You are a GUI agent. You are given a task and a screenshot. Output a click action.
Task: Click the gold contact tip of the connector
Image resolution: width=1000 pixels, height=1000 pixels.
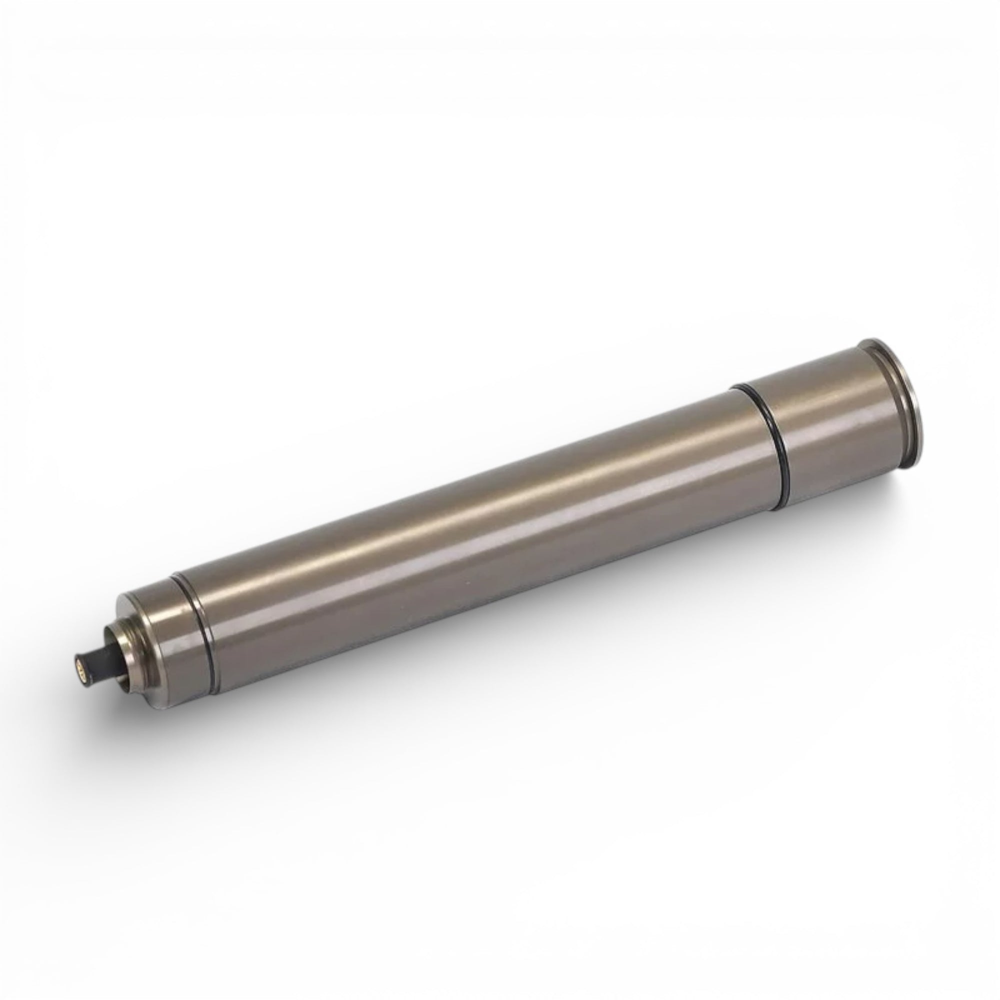[80, 670]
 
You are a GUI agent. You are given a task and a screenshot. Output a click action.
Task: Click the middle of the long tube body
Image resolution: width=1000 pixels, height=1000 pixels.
[481, 543]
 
